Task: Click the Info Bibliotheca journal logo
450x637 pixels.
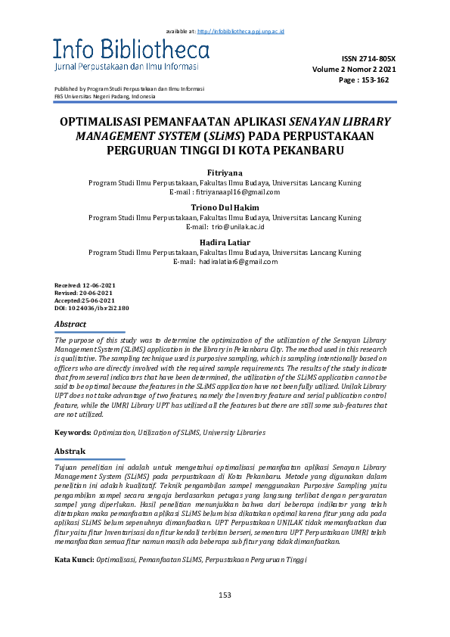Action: pos(131,55)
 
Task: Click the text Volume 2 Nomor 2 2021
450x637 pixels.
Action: pos(359,69)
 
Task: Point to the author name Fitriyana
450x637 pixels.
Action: pos(225,173)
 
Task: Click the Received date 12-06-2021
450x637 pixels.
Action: pos(84,284)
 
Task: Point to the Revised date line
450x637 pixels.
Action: pos(83,292)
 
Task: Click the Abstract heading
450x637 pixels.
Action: pos(71,324)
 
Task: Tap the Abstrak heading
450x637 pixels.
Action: pos(70,451)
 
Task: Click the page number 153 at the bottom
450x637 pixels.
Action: pos(225,595)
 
